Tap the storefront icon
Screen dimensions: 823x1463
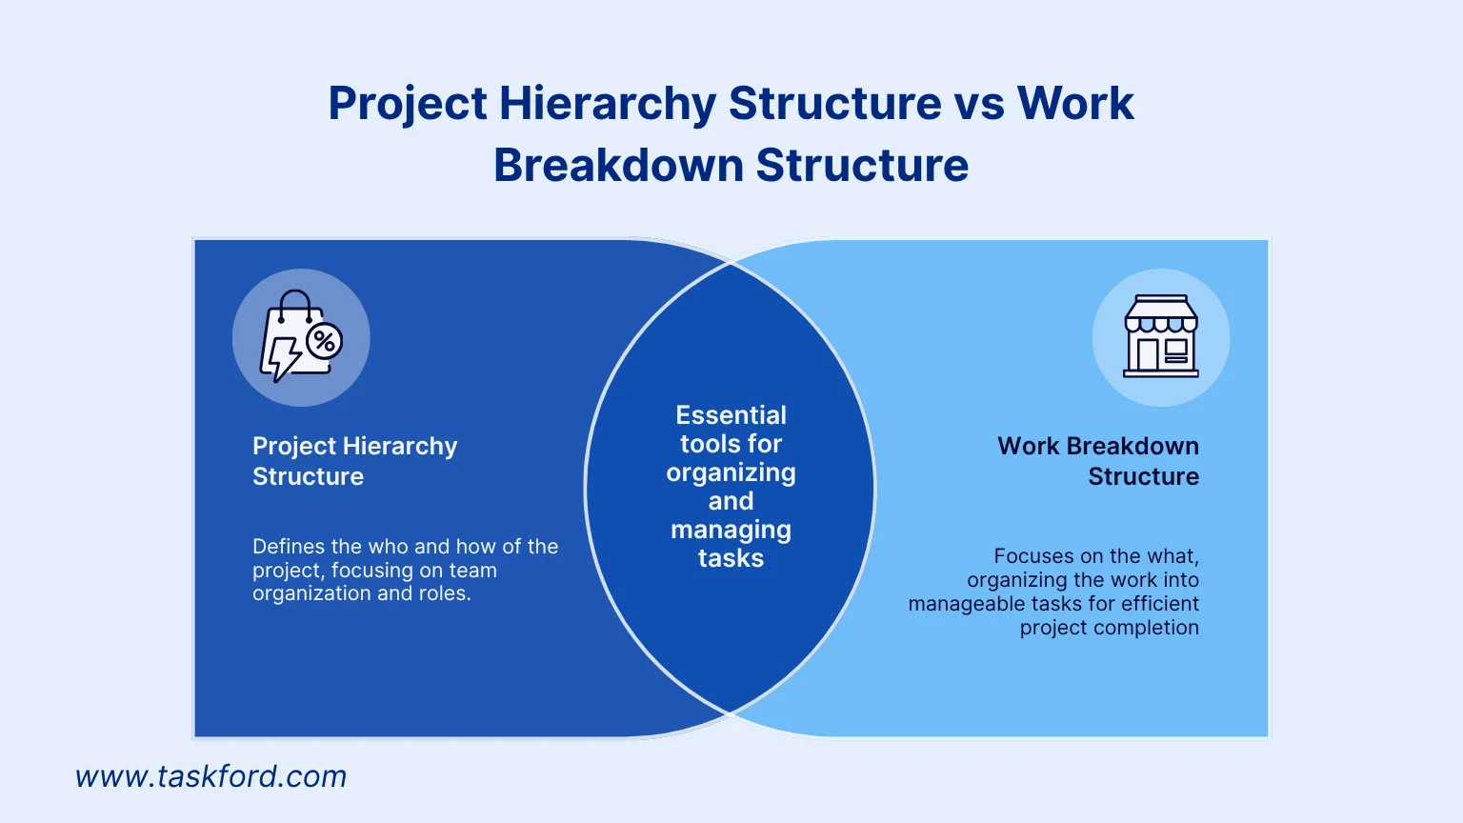coord(1161,337)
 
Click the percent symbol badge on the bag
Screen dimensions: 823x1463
coord(325,341)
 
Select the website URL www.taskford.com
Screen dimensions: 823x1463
coord(210,776)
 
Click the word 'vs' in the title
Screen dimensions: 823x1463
coord(978,103)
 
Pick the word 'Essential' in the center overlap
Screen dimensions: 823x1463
coord(731,415)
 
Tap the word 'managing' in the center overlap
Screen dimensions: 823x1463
coord(731,531)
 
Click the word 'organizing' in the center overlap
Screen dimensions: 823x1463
coord(731,473)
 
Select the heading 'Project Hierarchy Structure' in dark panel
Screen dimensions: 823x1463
coord(354,461)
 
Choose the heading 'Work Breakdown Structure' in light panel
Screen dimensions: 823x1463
coord(1098,461)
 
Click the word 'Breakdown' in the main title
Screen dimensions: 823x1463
coord(617,165)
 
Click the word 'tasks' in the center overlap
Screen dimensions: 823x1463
coord(731,558)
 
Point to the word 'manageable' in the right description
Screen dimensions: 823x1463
coord(961,604)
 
